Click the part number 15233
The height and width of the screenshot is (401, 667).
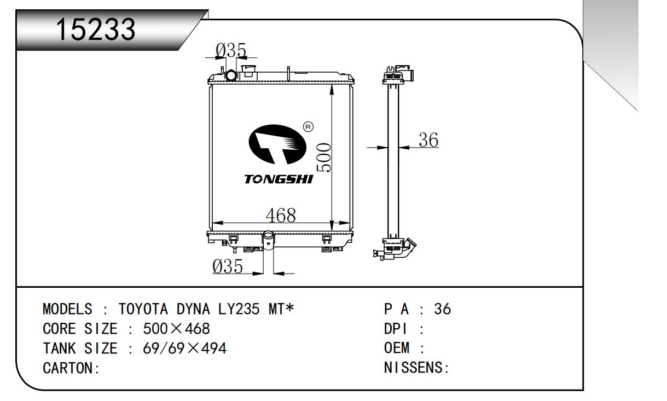pos(96,30)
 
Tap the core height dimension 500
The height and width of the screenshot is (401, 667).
pos(324,158)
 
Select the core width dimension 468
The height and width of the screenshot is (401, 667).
pos(280,215)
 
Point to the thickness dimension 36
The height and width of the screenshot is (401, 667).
pos(428,141)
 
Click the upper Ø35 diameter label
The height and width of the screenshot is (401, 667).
pos(230,50)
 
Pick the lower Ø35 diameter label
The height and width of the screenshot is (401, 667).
pos(228,266)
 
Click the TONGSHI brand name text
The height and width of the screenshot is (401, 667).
pos(279,179)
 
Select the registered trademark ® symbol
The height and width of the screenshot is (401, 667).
pos(308,127)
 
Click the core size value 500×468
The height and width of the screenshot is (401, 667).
pos(176,329)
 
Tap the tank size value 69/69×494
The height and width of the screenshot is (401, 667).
pos(184,348)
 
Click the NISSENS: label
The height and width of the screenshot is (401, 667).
pos(417,368)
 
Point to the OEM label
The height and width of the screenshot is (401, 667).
pos(398,348)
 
